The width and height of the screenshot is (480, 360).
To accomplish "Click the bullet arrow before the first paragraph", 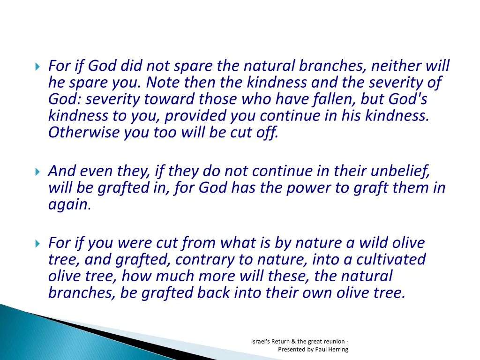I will click(37, 66).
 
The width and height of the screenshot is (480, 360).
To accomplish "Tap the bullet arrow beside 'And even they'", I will click(37, 172).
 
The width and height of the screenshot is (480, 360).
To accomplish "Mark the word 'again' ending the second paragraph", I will click(67, 205).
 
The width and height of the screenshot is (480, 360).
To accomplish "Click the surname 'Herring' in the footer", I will click(338, 349).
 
